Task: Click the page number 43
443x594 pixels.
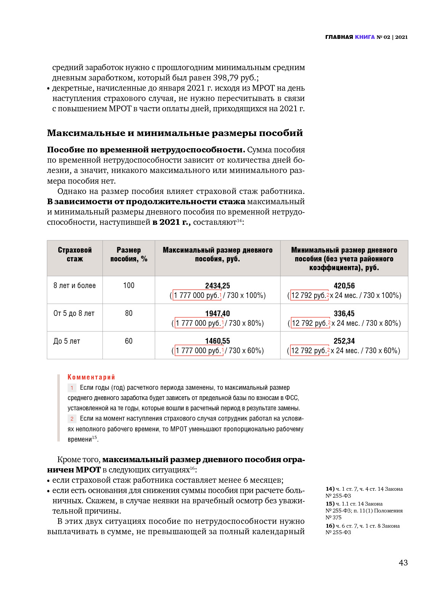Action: pos(403,562)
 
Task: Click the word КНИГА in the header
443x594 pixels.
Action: pos(365,37)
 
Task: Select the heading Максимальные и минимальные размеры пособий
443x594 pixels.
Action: pos(175,133)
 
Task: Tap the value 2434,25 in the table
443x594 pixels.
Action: pos(218,286)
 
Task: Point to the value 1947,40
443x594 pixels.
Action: pos(218,314)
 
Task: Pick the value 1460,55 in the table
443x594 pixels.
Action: pos(218,341)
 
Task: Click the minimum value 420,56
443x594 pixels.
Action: pos(344,286)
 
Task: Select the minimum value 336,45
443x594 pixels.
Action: pos(344,314)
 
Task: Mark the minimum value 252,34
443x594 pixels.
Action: pos(344,341)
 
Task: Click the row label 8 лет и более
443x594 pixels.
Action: pos(75,285)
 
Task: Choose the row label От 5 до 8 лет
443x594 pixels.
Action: pos(74,313)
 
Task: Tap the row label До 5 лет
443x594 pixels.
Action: pos(67,341)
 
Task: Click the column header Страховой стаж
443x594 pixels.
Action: pos(75,254)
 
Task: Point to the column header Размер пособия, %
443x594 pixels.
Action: pos(129,254)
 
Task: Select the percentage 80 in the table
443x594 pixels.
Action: pos(129,313)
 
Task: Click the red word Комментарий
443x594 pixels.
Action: pos(91,377)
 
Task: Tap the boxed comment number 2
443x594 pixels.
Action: pos(72,419)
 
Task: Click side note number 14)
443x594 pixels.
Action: pos(330,489)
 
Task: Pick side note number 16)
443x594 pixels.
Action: pos(330,526)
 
